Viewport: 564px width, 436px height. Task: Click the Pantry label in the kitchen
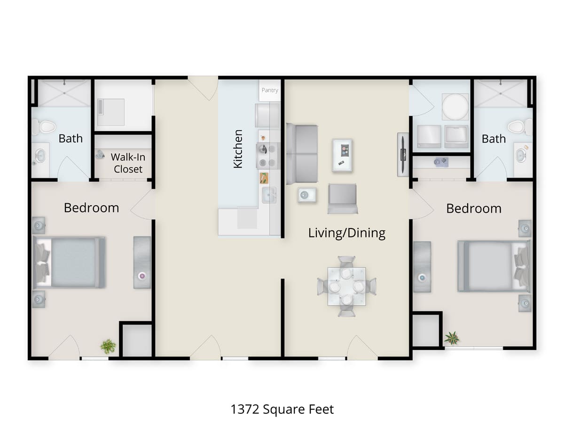point(270,90)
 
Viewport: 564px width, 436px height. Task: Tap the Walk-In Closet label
point(128,163)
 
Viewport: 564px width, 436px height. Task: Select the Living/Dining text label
point(347,233)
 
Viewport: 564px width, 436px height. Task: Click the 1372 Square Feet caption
point(282,409)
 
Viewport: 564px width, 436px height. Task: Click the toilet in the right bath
point(517,127)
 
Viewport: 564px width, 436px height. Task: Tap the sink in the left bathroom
point(40,156)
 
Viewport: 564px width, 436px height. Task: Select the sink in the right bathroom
point(521,155)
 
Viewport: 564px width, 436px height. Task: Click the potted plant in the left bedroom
point(108,347)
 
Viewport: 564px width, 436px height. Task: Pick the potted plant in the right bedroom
point(452,338)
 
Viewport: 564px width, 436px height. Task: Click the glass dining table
point(346,286)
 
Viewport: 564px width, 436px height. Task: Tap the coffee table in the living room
point(342,155)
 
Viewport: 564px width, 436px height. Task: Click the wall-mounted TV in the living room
point(403,155)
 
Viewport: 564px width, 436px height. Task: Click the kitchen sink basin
point(269,195)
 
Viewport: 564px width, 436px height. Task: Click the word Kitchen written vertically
point(238,149)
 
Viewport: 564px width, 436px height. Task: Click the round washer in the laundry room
point(455,107)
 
